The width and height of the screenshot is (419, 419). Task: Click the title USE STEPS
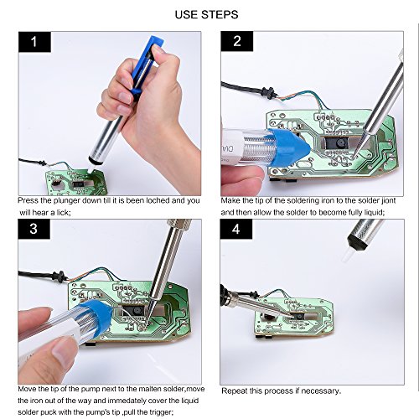pyautogui.click(x=206, y=14)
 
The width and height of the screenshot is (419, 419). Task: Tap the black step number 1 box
pyautogui.click(x=34, y=42)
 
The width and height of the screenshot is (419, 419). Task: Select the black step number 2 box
pyautogui.click(x=237, y=41)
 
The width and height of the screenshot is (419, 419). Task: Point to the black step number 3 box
pyautogui.click(x=34, y=229)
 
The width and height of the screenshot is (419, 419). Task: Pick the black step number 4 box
pyautogui.click(x=236, y=229)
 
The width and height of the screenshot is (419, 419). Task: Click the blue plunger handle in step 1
pyautogui.click(x=147, y=65)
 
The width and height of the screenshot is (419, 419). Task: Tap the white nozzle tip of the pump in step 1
pyautogui.click(x=91, y=169)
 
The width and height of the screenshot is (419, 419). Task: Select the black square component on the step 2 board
pyautogui.click(x=338, y=143)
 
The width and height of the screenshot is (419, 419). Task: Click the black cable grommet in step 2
pyautogui.click(x=269, y=93)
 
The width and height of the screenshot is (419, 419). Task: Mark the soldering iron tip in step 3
pyautogui.click(x=147, y=323)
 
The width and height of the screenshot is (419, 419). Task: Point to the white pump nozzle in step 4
pyautogui.click(x=348, y=255)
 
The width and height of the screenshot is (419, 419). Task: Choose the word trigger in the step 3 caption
pyautogui.click(x=159, y=412)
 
